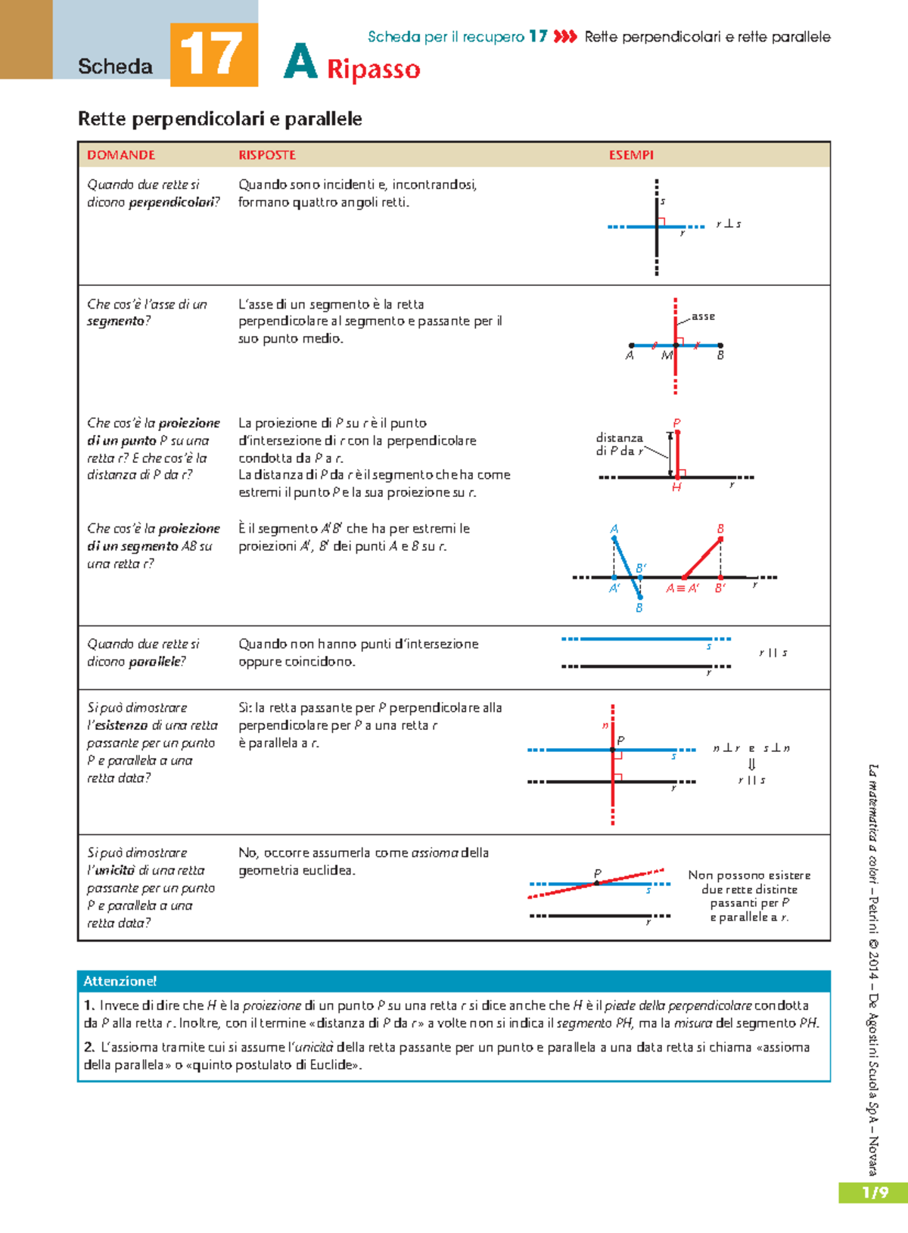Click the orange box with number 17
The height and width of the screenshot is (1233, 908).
coord(213,54)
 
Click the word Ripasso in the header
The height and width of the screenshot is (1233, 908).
coord(373,69)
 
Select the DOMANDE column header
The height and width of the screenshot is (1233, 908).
coord(120,155)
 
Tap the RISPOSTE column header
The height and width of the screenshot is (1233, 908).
coord(266,155)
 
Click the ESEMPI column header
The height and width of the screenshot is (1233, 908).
coord(630,155)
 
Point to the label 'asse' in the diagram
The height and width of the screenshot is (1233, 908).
coord(703,316)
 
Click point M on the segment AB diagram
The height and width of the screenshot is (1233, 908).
coord(667,355)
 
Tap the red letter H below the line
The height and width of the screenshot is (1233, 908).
coord(676,488)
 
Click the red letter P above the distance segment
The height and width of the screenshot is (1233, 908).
coord(676,423)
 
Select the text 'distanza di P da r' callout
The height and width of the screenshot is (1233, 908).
coord(619,444)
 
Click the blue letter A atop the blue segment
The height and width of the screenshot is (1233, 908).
coord(614,529)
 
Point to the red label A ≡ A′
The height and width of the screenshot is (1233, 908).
coord(682,588)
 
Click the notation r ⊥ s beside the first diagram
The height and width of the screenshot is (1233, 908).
coord(728,224)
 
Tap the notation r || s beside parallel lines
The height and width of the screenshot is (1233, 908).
coord(773,653)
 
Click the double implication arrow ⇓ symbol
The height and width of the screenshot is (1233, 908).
coord(751,764)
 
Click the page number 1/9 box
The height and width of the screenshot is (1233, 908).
coord(874,1193)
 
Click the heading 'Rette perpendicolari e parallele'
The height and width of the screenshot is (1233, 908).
coord(219,119)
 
